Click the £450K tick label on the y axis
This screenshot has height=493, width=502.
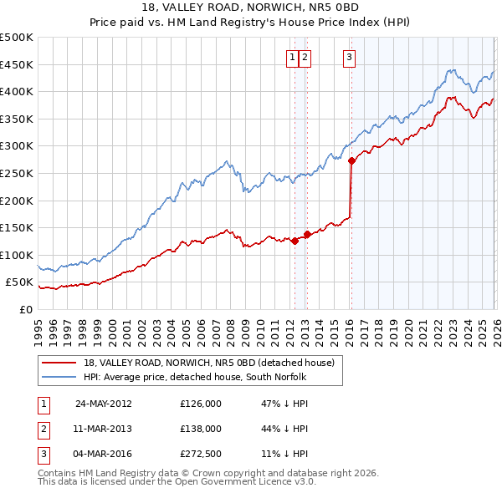pyautogui.click(x=17, y=64)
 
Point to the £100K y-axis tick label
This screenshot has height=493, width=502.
pyautogui.click(x=17, y=255)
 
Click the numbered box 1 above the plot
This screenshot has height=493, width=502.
pyautogui.click(x=293, y=58)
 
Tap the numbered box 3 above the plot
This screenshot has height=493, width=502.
pyautogui.click(x=348, y=58)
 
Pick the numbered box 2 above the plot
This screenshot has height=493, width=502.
pyautogui.click(x=305, y=58)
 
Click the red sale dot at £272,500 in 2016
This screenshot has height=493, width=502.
pyautogui.click(x=351, y=161)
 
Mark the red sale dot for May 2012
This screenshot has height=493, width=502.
pyautogui.click(x=295, y=241)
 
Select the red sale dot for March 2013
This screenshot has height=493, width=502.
pyautogui.click(x=307, y=235)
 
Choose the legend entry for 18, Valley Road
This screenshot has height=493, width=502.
pyautogui.click(x=208, y=363)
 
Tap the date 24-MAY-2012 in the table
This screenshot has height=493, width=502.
pyautogui.click(x=103, y=403)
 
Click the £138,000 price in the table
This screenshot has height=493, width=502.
pyautogui.click(x=201, y=428)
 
